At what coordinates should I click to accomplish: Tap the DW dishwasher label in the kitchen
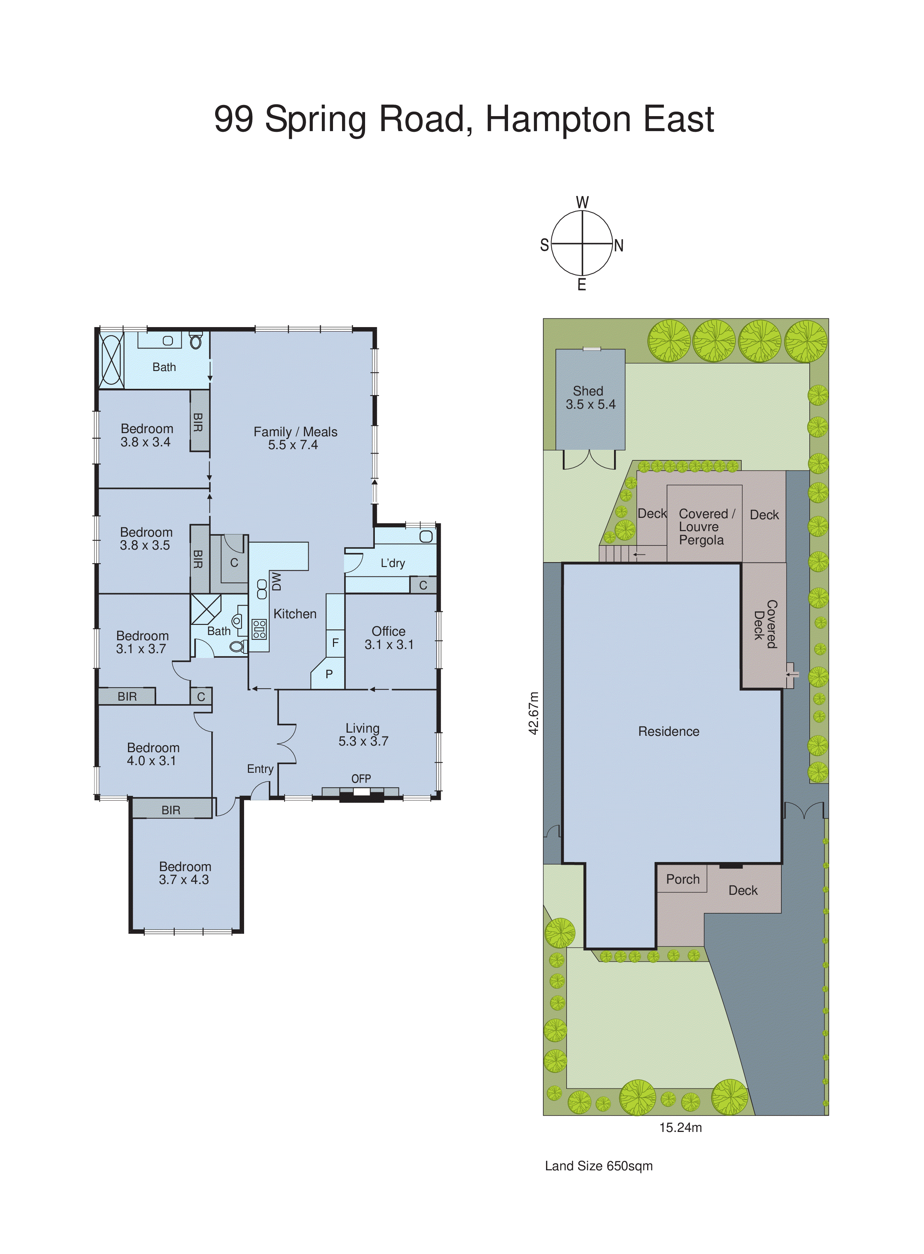[x=276, y=581]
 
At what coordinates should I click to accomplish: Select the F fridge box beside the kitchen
[x=335, y=643]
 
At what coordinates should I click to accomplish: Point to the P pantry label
[x=329, y=674]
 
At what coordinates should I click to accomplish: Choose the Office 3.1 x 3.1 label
[x=389, y=637]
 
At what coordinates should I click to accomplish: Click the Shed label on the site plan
[x=588, y=391]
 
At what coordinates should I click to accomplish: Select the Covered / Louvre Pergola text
[x=706, y=527]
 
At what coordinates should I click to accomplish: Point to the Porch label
[x=682, y=879]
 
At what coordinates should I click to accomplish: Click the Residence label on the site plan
[x=668, y=731]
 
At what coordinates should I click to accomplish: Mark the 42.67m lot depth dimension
[x=534, y=713]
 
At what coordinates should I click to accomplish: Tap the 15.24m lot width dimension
[x=680, y=1128]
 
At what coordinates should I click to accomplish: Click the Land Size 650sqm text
[x=598, y=1166]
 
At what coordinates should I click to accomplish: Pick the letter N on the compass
[x=619, y=245]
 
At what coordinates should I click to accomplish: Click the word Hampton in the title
[x=559, y=119]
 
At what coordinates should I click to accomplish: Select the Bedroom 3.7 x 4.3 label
[x=184, y=872]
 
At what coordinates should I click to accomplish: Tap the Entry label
[x=260, y=769]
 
